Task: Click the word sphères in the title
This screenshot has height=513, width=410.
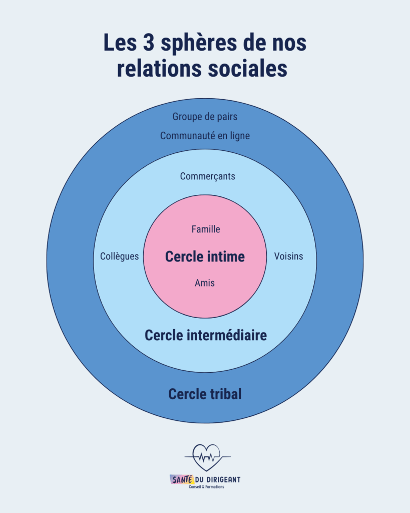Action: (x=198, y=44)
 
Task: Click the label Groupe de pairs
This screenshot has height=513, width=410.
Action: (x=205, y=117)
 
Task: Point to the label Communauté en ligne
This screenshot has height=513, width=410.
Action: (x=205, y=136)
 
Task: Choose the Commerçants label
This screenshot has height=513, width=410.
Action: (x=208, y=177)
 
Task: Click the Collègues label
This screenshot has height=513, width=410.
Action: (x=119, y=256)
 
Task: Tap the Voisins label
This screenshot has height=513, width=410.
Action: (x=288, y=256)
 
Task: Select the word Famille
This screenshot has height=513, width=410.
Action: (x=206, y=229)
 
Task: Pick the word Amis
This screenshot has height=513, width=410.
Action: (x=205, y=283)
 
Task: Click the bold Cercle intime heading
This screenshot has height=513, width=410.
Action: (x=205, y=256)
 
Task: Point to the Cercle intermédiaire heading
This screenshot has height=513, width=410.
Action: (x=206, y=335)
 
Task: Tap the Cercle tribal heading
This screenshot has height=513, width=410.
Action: (x=205, y=394)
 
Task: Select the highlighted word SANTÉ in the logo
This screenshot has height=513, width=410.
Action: (x=182, y=479)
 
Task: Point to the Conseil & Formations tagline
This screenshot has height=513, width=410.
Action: (x=206, y=487)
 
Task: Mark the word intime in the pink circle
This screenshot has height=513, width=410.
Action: (x=226, y=256)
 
